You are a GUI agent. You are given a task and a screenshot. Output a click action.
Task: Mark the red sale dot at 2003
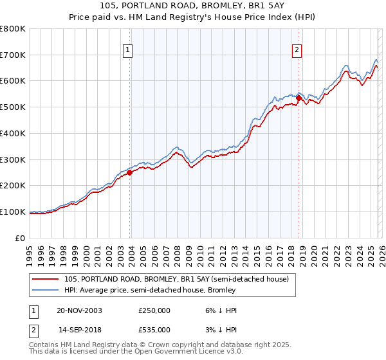click(x=130, y=172)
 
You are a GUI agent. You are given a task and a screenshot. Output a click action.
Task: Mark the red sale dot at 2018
click(x=299, y=98)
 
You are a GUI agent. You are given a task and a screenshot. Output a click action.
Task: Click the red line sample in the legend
click(x=45, y=279)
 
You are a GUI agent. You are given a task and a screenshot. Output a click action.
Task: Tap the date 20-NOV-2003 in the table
click(x=79, y=310)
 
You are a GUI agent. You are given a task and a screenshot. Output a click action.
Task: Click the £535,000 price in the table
click(x=154, y=330)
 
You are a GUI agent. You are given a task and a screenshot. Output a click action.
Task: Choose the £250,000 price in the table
click(x=154, y=310)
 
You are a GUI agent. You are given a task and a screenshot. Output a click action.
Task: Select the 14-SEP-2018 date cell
click(x=78, y=330)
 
